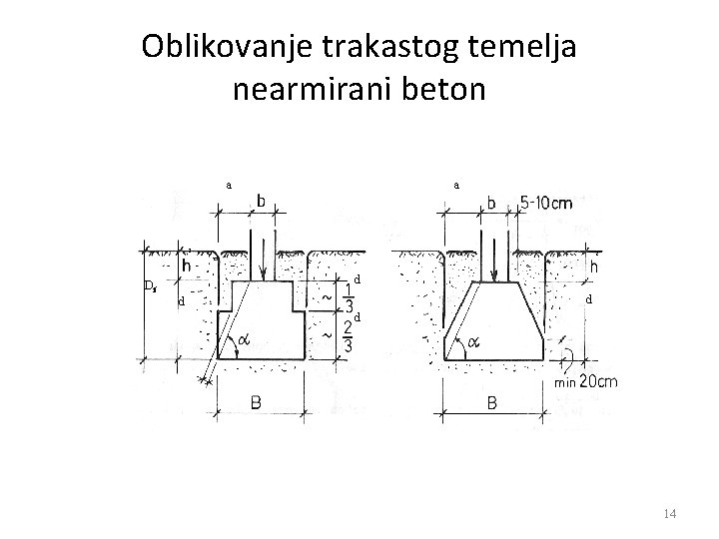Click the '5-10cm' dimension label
(546, 204)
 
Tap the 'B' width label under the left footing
(258, 402)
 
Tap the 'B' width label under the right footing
(493, 402)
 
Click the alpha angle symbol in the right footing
(473, 341)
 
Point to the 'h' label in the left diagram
(188, 267)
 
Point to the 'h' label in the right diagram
(594, 267)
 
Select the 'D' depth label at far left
(149, 286)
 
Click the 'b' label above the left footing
(261, 201)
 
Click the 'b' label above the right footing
(489, 203)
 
